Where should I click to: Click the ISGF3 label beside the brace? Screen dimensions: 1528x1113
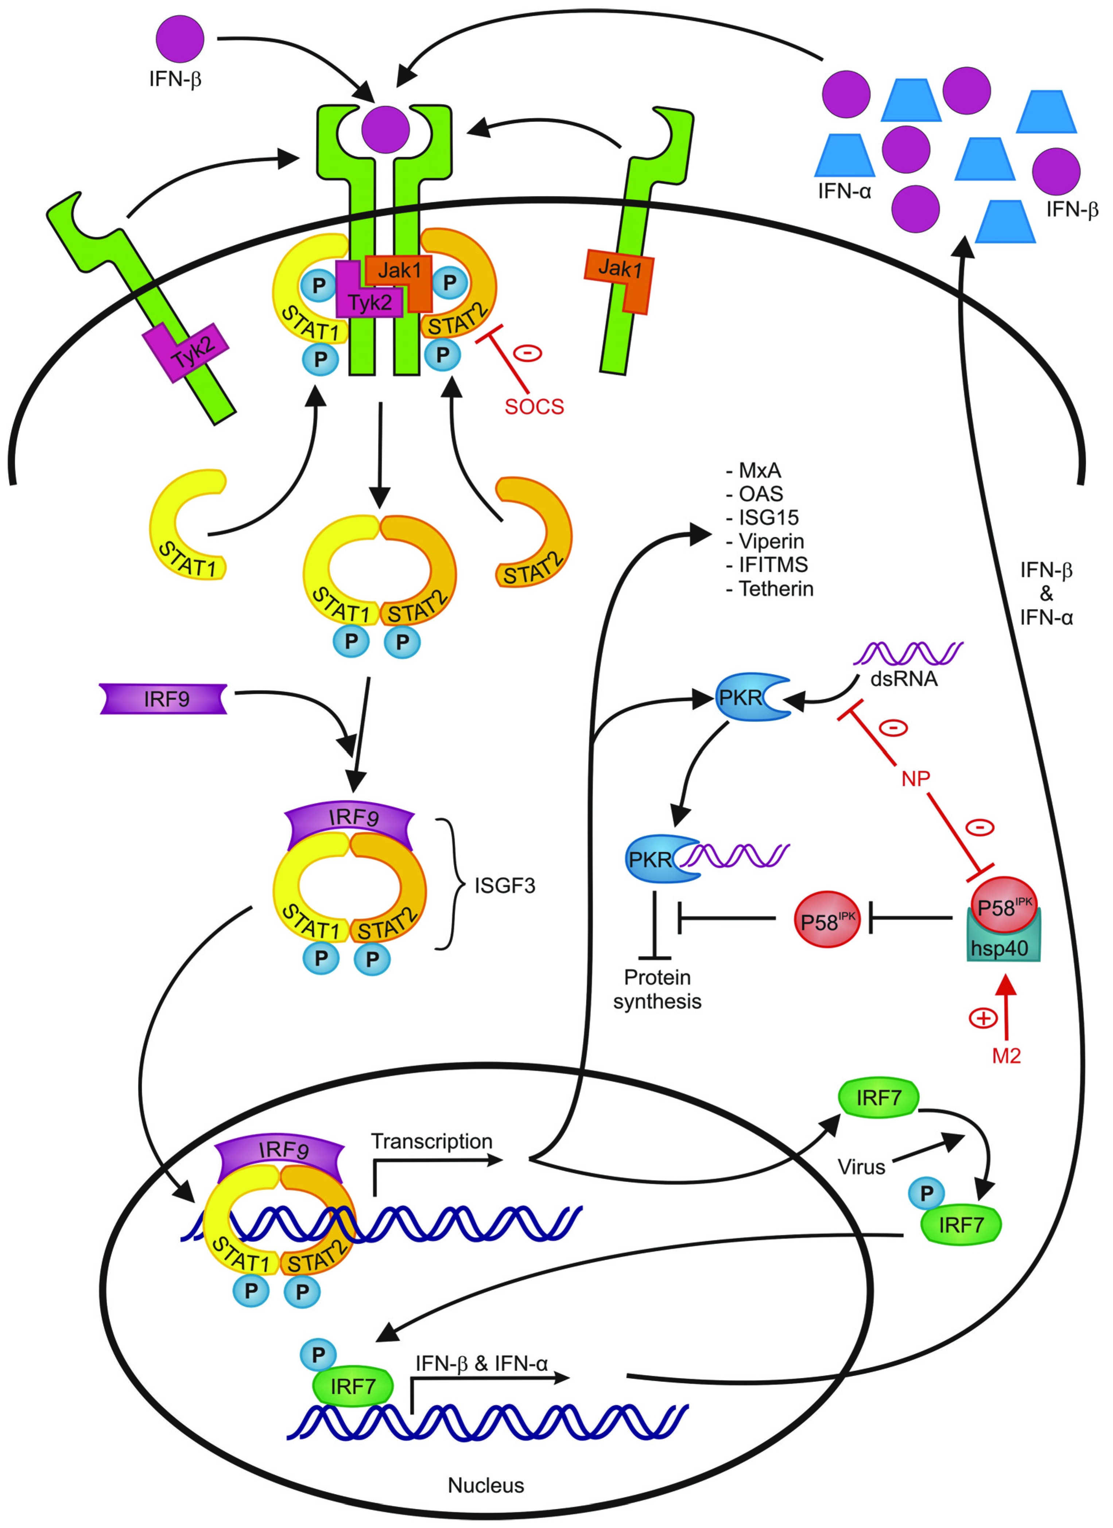[x=505, y=885]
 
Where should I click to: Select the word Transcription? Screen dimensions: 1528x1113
[x=431, y=1141]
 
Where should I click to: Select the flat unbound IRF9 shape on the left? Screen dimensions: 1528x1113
[x=164, y=699]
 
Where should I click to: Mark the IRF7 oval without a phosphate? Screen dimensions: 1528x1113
[x=878, y=1098]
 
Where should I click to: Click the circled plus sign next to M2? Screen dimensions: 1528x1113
[x=983, y=1018]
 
